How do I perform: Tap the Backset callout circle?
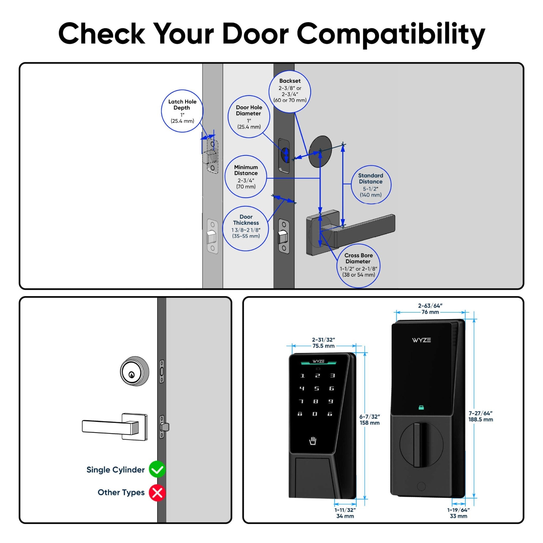point(290,91)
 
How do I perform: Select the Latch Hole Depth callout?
point(182,111)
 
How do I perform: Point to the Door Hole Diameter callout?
point(249,117)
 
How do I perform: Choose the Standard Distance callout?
point(371,185)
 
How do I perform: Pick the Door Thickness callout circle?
point(246,229)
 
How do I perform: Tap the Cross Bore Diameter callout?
point(358,266)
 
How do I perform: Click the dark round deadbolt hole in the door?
point(320,151)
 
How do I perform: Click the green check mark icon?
point(157,469)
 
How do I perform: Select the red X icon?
point(157,492)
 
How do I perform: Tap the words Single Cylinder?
point(116,470)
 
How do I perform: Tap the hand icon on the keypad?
point(313,441)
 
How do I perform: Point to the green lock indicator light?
point(421,408)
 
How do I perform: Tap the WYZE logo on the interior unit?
point(421,340)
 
